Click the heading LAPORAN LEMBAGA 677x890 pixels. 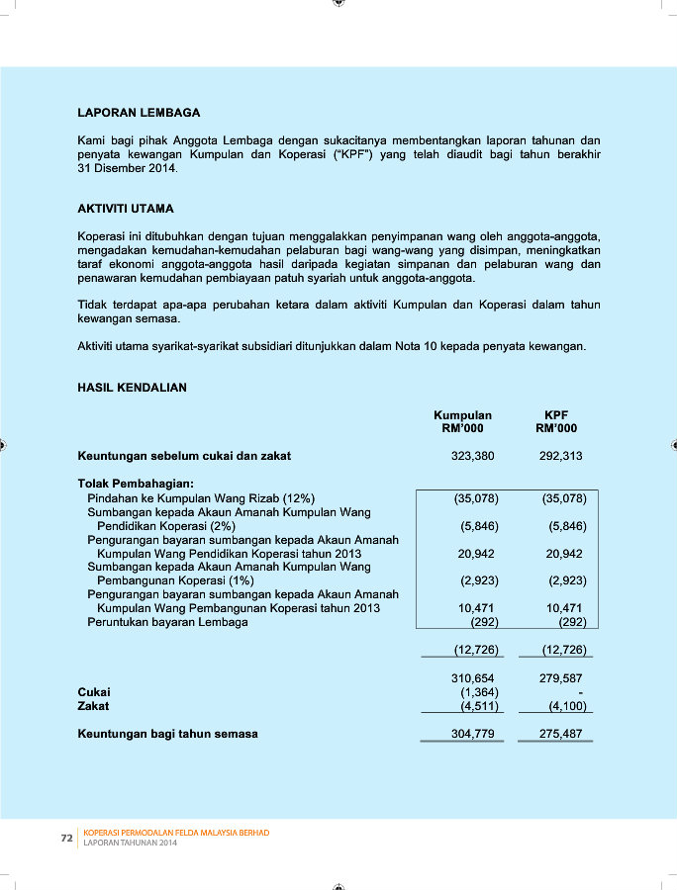[x=138, y=113]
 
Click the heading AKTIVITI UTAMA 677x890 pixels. [x=126, y=210]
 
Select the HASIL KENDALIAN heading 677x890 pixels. [x=132, y=388]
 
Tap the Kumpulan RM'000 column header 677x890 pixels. [x=462, y=422]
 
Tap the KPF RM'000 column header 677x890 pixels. [x=556, y=422]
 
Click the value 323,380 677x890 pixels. [x=472, y=457]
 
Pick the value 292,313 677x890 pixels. [x=561, y=457]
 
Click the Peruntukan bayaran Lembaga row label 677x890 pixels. [x=167, y=622]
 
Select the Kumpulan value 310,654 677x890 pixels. [x=472, y=677]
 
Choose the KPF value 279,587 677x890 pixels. [x=561, y=677]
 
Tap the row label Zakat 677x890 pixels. [x=93, y=706]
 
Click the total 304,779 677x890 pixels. [x=472, y=734]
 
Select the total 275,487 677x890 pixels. [x=561, y=734]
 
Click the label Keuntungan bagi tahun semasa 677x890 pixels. [x=167, y=734]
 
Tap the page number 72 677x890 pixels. [x=67, y=838]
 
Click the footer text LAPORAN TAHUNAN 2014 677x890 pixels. [x=131, y=843]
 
